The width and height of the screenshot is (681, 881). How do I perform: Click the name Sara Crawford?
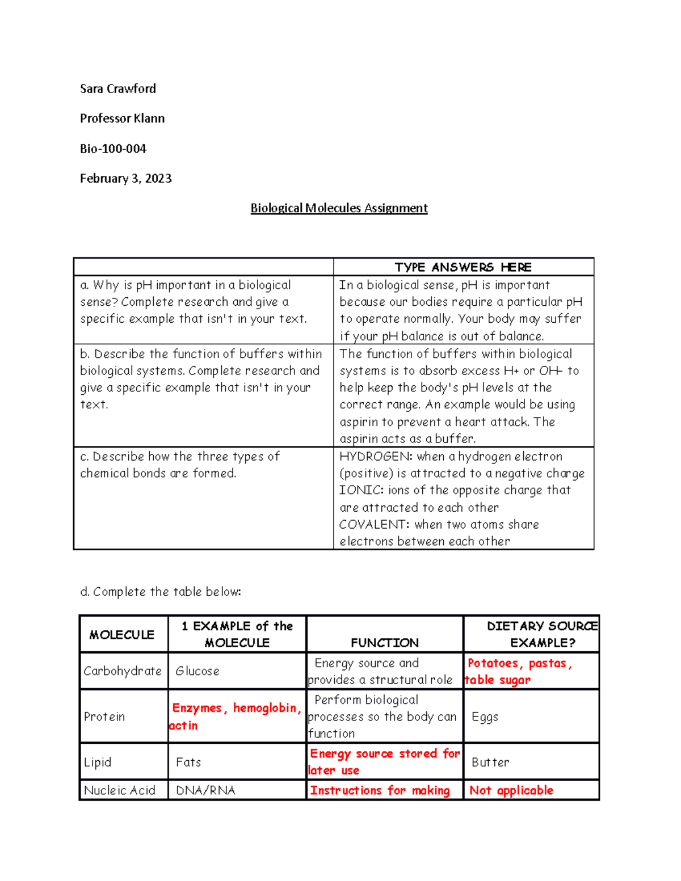pyautogui.click(x=117, y=88)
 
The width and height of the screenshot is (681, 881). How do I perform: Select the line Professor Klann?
pyautogui.click(x=122, y=119)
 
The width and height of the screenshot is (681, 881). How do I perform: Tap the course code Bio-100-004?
pyautogui.click(x=113, y=149)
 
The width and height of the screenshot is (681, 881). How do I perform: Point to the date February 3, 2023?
pyautogui.click(x=125, y=179)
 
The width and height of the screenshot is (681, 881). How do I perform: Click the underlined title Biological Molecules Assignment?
pyautogui.click(x=339, y=208)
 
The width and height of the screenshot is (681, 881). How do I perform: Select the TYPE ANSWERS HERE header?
pyautogui.click(x=463, y=267)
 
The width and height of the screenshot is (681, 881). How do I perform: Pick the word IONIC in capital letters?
pyautogui.click(x=360, y=490)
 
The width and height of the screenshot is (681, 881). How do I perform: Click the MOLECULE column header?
pyautogui.click(x=121, y=635)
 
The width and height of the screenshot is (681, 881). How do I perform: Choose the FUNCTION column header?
pyautogui.click(x=384, y=643)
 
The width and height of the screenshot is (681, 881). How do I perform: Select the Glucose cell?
pyautogui.click(x=197, y=671)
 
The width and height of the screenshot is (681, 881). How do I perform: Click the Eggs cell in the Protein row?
pyautogui.click(x=485, y=716)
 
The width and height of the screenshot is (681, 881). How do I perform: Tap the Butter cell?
pyautogui.click(x=490, y=762)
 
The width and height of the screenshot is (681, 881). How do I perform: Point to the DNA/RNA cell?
pyautogui.click(x=205, y=790)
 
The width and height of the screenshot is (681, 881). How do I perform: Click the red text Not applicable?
pyautogui.click(x=511, y=790)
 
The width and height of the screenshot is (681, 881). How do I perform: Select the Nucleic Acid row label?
pyautogui.click(x=119, y=790)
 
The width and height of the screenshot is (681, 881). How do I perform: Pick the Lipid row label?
pyautogui.click(x=97, y=762)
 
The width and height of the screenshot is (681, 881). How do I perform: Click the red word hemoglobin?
pyautogui.click(x=264, y=708)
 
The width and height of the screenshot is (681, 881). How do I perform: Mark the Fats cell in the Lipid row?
pyautogui.click(x=188, y=762)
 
